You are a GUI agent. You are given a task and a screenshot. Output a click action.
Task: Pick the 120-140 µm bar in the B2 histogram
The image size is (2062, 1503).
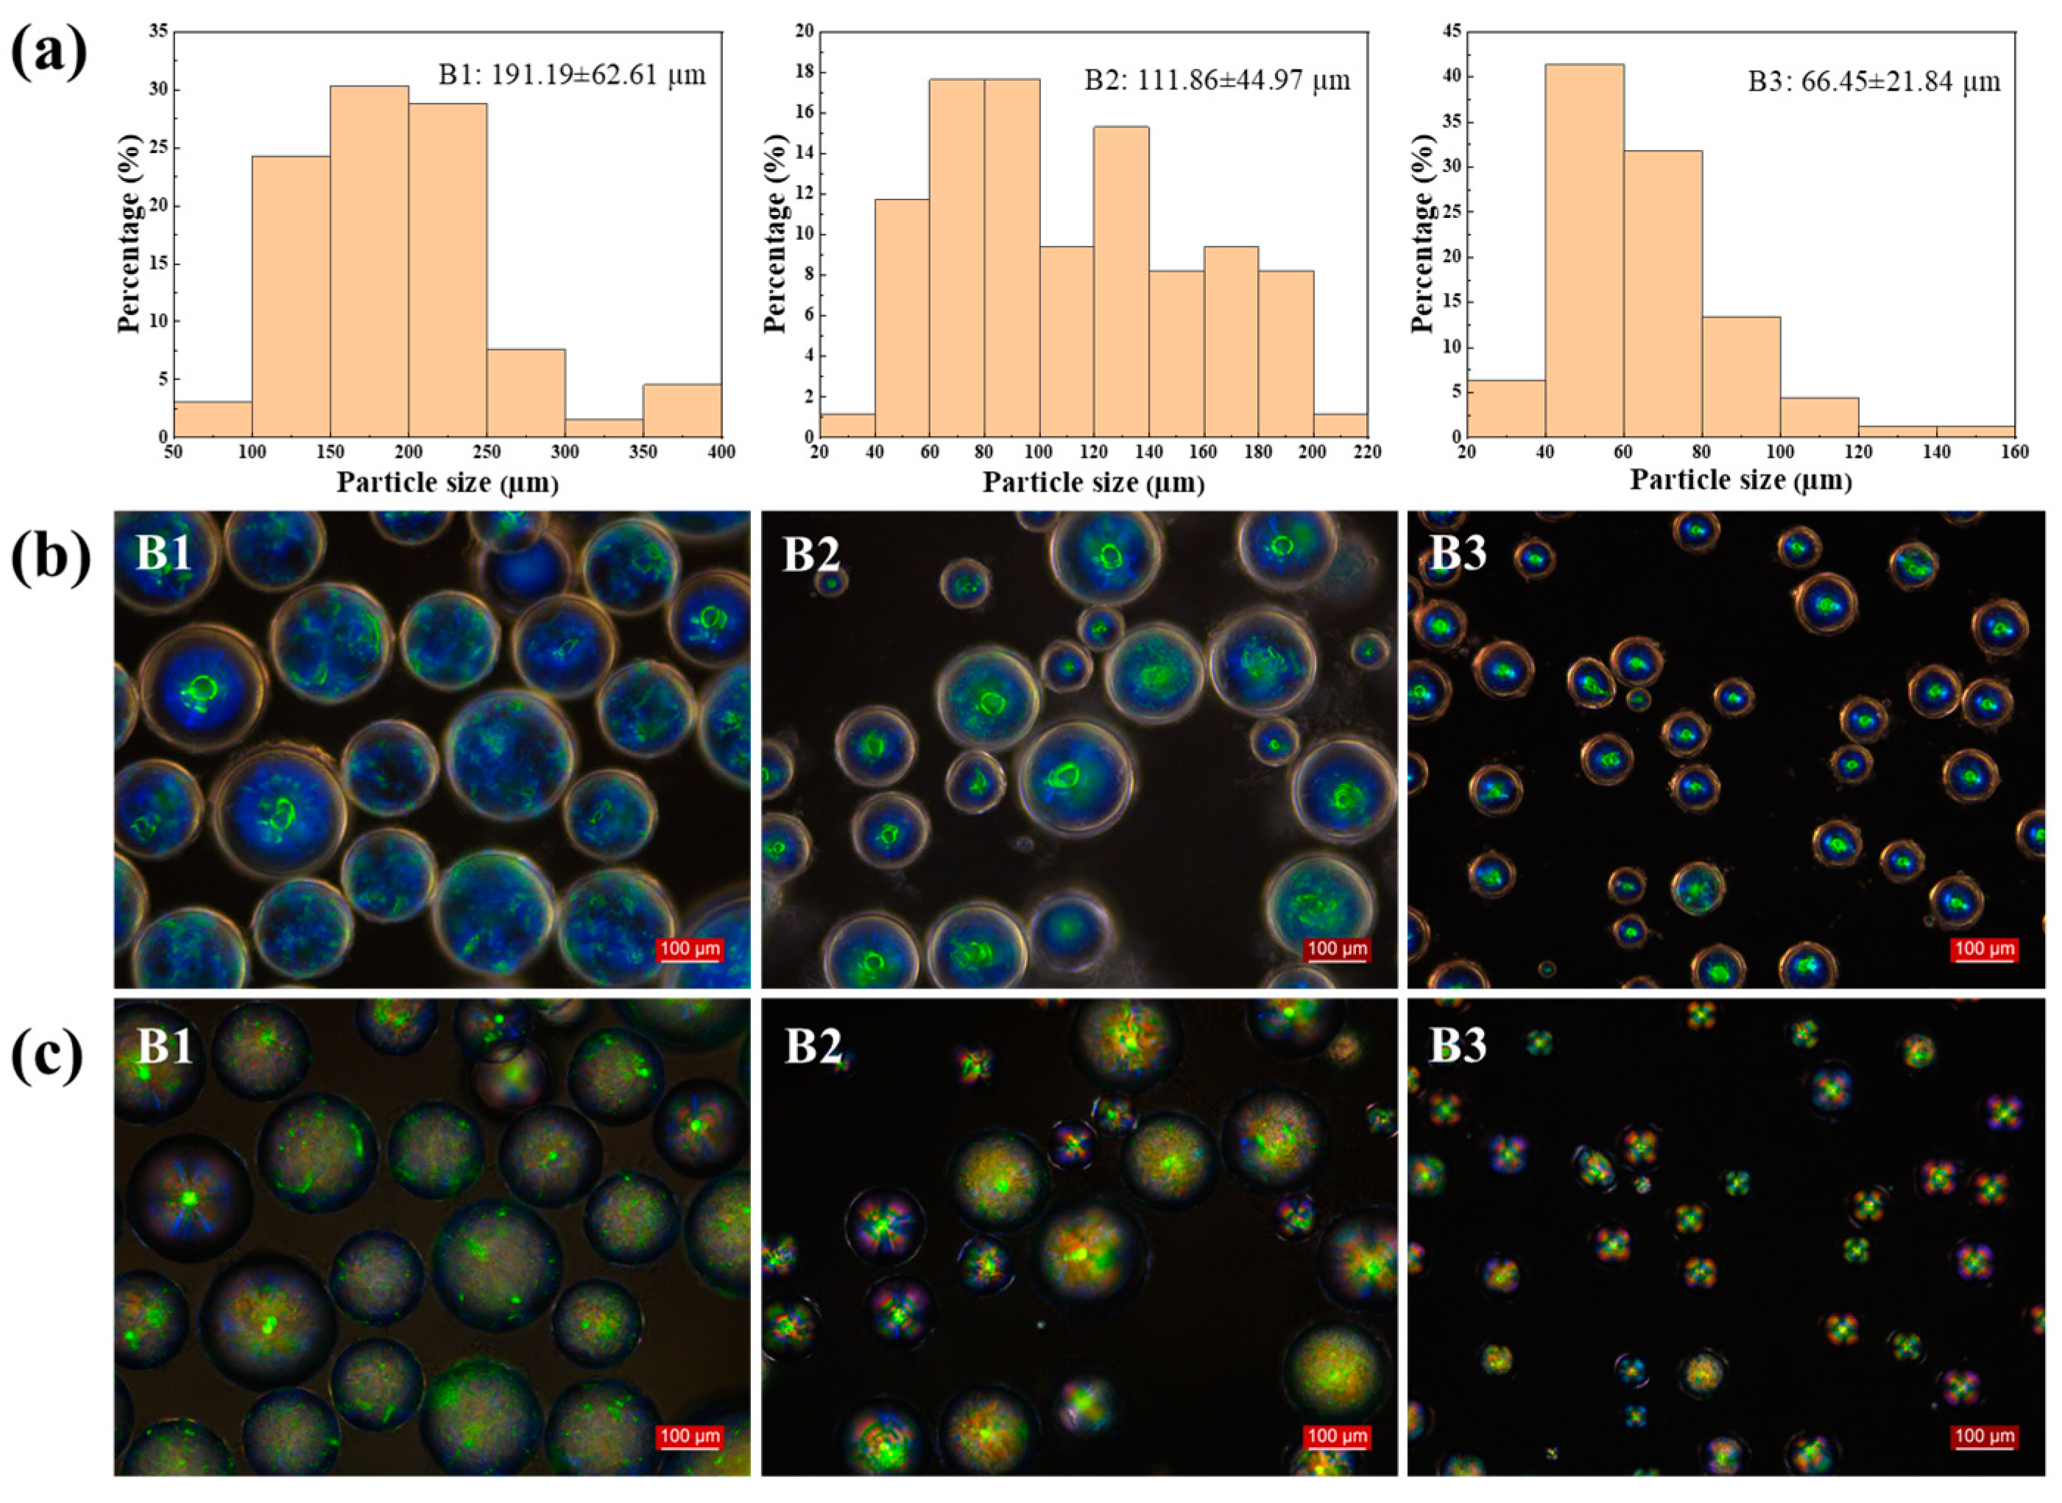pos(1120,282)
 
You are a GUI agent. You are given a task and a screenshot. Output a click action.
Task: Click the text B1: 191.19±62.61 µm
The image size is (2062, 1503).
pos(571,74)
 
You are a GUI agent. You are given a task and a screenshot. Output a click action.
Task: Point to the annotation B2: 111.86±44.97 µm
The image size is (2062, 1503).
pos(1217,80)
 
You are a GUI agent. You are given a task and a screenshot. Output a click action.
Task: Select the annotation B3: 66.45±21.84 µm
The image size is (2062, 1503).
pos(1874,82)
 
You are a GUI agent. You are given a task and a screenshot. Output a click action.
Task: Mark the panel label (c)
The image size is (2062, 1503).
pos(47,1056)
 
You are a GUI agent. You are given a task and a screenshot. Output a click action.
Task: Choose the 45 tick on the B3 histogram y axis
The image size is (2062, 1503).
pos(1452,32)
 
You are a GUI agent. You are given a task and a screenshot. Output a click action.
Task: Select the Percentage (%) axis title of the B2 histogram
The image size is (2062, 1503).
pos(775,235)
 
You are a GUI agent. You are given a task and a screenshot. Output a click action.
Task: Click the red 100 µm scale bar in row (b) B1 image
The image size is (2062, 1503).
pos(690,949)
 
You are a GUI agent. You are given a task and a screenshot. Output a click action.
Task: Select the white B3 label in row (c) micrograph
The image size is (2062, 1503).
pos(1457,1045)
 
